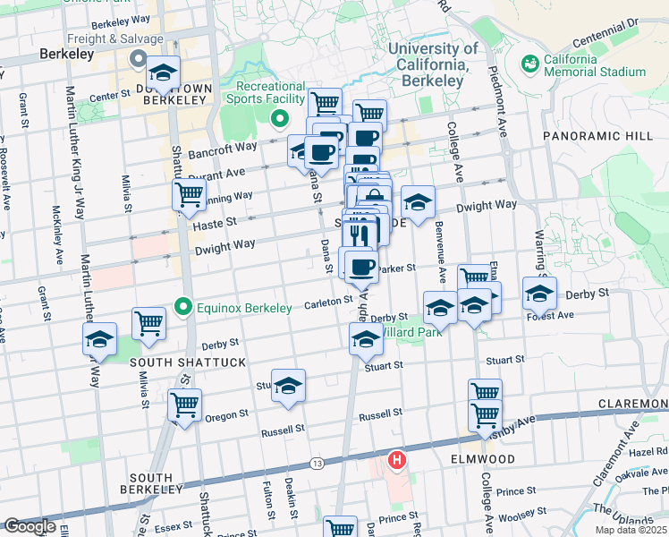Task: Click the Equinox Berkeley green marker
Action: tap(184, 308)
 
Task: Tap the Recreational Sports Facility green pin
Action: tap(279, 117)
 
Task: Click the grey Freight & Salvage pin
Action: tap(139, 59)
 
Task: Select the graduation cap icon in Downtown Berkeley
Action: tap(163, 73)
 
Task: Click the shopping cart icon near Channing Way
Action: tap(189, 193)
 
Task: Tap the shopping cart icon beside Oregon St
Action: tap(184, 405)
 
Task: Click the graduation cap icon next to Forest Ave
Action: tap(539, 293)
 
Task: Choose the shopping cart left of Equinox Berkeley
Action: tap(148, 323)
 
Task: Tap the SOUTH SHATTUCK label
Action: tap(175, 362)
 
